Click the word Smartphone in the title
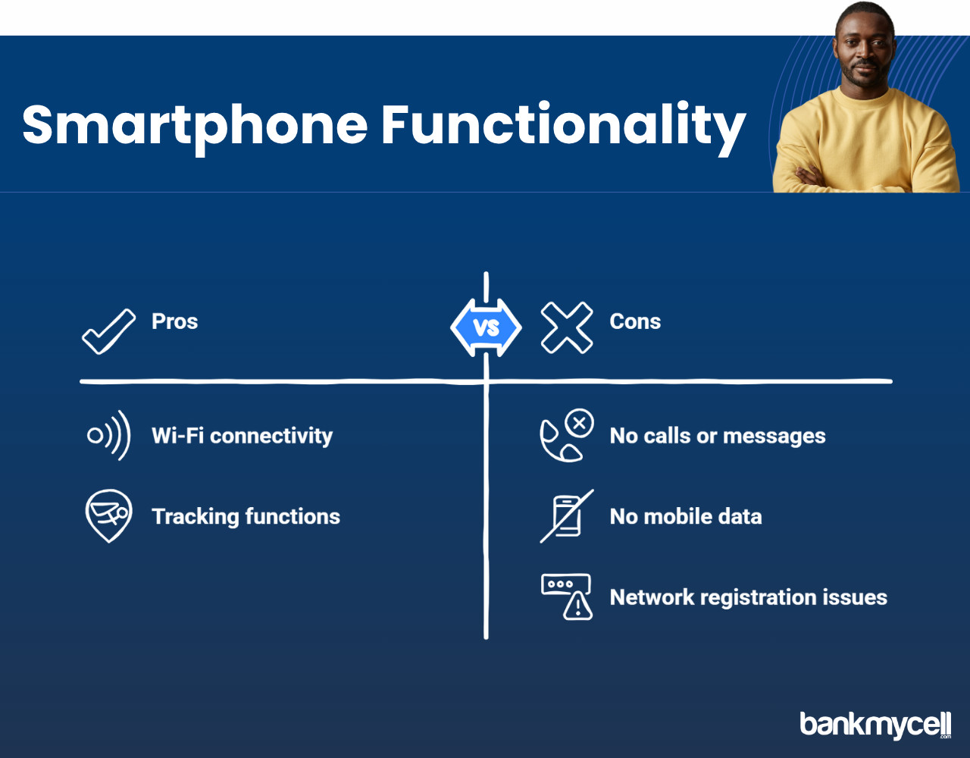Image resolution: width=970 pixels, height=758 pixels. (195, 127)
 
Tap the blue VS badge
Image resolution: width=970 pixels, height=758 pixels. (486, 327)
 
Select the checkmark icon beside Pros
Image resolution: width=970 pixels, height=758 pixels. (108, 331)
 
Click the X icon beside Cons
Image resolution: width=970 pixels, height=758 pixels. (567, 327)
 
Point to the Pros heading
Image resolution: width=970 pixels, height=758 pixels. (174, 321)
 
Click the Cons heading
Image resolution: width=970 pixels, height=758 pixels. (635, 321)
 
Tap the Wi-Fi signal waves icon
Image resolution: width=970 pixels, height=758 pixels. (109, 435)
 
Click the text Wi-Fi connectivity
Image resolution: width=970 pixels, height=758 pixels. (242, 436)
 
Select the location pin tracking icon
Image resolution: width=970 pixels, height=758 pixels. (108, 515)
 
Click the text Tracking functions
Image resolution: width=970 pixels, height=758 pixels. (246, 516)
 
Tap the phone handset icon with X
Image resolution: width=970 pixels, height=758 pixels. (567, 435)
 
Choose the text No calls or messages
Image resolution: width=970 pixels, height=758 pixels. (718, 436)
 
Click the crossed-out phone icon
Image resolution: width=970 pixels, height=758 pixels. (567, 516)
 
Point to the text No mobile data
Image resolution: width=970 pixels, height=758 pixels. (686, 516)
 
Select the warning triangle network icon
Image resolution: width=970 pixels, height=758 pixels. (567, 597)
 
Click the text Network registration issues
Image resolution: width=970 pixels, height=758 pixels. (749, 597)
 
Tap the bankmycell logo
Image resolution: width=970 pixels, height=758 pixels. (875, 725)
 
